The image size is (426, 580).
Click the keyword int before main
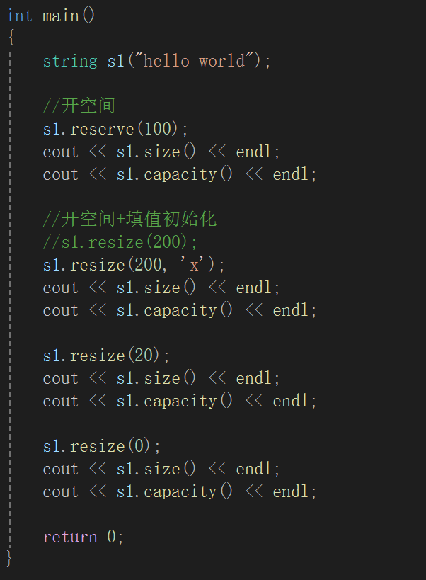[19, 16]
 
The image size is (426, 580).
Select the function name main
[61, 16]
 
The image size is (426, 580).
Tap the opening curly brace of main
[11, 37]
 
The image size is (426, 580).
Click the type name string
[70, 61]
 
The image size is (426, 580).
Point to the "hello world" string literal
[194, 61]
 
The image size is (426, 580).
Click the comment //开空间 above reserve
[79, 106]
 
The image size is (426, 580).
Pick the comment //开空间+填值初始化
[129, 220]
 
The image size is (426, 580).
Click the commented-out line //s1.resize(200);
[120, 242]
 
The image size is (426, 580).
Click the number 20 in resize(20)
[144, 356]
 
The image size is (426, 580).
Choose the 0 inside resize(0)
[139, 446]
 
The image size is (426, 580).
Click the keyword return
[70, 537]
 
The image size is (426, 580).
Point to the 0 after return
[112, 537]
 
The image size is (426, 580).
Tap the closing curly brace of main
[9, 558]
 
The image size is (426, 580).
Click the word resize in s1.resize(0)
[98, 446]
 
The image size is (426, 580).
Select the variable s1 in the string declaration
[116, 61]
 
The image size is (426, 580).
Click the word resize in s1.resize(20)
[98, 356]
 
